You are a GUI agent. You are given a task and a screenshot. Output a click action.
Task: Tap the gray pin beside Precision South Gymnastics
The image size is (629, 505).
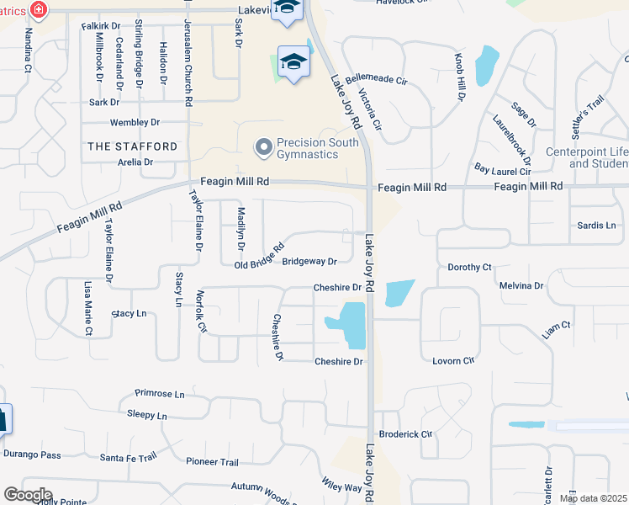(x=263, y=148)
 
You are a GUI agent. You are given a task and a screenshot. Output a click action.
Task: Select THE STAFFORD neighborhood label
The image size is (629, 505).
(x=133, y=146)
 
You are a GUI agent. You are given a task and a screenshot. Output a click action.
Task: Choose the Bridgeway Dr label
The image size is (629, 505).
(x=309, y=262)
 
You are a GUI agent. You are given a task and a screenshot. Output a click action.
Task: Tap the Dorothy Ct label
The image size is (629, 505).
(x=469, y=268)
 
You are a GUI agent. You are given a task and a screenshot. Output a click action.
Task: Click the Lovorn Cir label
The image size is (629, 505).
(x=453, y=361)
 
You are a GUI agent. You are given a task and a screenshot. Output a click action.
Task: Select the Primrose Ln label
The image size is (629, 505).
(x=160, y=394)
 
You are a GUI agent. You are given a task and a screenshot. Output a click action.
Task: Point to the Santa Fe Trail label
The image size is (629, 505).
(x=129, y=457)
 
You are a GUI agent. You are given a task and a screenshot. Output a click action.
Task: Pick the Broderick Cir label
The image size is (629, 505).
(x=405, y=434)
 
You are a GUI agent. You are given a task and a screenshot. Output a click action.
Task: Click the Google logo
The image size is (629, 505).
(x=28, y=495)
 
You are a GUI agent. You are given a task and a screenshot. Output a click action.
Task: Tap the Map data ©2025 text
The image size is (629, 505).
(x=593, y=498)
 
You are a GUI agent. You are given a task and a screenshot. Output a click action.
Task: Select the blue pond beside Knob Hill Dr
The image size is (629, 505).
(x=485, y=66)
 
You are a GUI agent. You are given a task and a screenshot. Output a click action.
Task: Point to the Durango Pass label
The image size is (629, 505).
(x=33, y=455)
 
